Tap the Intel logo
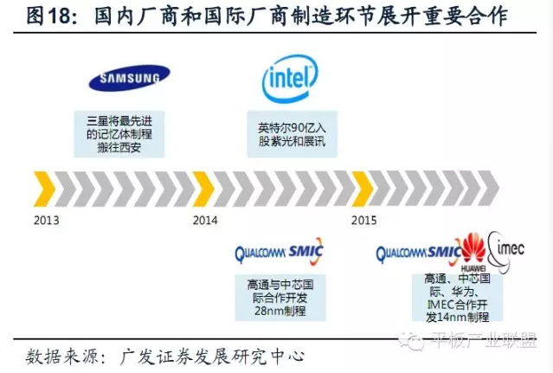click(290, 79)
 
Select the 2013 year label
click(47, 220)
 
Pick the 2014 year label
click(205, 220)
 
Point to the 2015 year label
click(363, 220)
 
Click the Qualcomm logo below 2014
click(261, 254)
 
